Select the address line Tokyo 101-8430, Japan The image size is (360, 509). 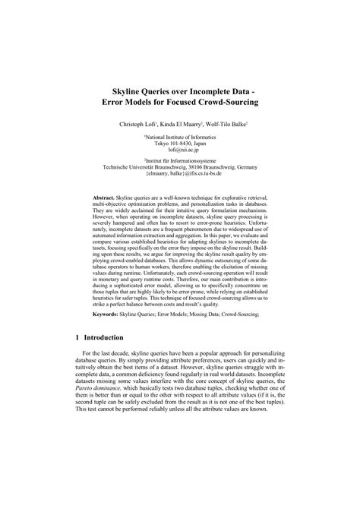point(180,144)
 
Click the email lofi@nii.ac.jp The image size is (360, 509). point(180,150)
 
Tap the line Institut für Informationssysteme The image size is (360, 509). point(180,162)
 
